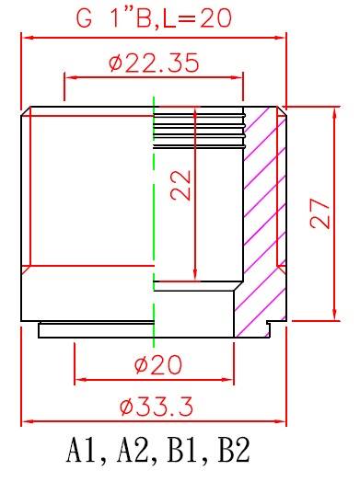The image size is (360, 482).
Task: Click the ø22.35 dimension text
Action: tap(154, 63)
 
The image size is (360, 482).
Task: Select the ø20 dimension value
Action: tap(158, 365)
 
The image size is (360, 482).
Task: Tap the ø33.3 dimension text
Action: tap(157, 407)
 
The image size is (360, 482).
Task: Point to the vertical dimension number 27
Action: tap(320, 213)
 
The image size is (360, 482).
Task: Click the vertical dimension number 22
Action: tap(181, 186)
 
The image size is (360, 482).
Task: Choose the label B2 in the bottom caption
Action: tap(234, 451)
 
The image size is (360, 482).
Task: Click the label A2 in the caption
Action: tap(134, 451)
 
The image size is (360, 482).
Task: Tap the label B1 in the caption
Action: tap(184, 451)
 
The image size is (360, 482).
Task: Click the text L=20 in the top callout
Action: tap(197, 18)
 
